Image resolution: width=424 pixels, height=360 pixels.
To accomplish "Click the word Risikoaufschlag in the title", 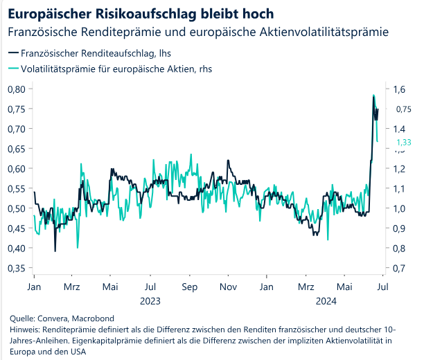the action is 145,15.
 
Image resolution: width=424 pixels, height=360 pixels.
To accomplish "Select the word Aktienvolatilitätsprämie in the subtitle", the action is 324,32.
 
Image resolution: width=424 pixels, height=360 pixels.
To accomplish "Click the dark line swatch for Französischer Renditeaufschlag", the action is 14,53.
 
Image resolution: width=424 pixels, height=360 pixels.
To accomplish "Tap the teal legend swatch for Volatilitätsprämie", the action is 14,69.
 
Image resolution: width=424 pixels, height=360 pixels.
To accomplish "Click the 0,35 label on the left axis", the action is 17,269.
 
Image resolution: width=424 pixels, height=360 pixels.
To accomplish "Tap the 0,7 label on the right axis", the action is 399,269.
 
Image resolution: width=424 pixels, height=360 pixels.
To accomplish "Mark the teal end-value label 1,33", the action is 404,143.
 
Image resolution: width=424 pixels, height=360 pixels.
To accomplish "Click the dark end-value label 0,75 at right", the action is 404,109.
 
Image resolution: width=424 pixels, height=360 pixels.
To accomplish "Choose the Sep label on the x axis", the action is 190,287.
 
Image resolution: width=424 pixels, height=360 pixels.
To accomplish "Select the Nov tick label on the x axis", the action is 228,287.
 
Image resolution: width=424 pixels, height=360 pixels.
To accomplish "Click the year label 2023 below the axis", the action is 150,301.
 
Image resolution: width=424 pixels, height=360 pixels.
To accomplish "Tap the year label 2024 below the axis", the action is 326,301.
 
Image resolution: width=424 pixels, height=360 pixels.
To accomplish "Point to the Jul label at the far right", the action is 382,287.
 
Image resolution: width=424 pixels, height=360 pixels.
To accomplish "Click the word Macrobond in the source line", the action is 93,318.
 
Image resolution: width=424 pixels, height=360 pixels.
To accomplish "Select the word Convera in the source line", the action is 53,318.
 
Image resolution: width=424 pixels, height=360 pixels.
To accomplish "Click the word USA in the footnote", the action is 78,352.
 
